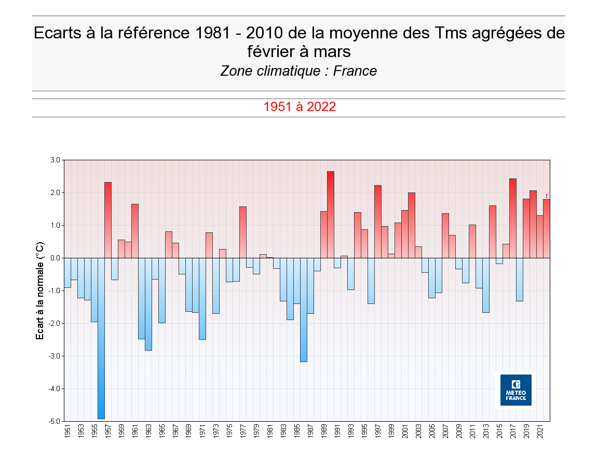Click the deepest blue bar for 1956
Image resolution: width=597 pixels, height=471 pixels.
click(x=101, y=337)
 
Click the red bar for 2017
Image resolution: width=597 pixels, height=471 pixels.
click(x=513, y=218)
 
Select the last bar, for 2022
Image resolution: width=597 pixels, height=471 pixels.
click(x=547, y=228)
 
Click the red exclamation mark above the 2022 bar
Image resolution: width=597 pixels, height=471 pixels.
click(x=547, y=196)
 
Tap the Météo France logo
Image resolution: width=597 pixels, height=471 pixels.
click(x=515, y=390)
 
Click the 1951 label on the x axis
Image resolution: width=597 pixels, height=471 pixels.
click(x=67, y=432)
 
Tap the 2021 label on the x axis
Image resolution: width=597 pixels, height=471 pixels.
click(x=540, y=432)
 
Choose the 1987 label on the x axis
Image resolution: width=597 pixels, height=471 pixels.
click(x=310, y=432)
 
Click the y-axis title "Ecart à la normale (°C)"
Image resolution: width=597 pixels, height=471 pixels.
click(x=39, y=290)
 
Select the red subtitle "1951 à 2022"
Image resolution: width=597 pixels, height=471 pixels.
click(x=299, y=107)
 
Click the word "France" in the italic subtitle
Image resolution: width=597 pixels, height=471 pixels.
click(x=355, y=71)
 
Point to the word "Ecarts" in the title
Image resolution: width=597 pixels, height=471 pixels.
click(x=57, y=33)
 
